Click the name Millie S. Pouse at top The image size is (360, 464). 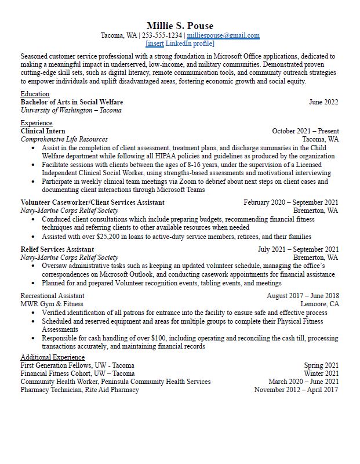180,26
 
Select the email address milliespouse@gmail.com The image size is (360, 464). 227,35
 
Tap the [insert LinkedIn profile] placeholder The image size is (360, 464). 180,43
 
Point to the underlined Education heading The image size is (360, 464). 35,94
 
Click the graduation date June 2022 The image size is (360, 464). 323,102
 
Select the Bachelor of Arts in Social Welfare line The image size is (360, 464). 71,102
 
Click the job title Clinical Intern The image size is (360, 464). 43,131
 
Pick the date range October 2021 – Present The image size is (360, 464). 305,131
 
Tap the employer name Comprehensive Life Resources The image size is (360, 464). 64,139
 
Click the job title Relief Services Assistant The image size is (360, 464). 57,249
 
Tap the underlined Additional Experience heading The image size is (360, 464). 53,357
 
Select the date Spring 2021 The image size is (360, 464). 321,365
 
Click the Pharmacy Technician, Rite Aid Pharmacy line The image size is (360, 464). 80,390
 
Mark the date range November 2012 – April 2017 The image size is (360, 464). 296,390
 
